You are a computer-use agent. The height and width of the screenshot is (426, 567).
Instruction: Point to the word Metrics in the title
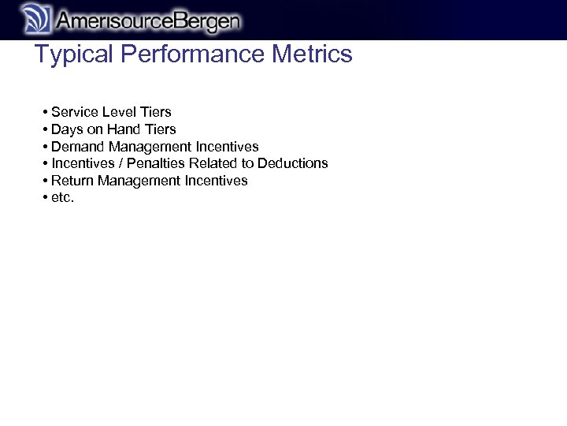(x=312, y=54)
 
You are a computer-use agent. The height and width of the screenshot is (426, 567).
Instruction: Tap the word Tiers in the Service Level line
(x=155, y=112)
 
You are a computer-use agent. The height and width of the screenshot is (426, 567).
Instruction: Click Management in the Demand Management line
(x=146, y=147)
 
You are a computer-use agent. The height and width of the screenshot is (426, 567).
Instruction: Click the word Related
(x=213, y=163)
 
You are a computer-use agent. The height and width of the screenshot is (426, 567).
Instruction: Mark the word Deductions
(x=292, y=163)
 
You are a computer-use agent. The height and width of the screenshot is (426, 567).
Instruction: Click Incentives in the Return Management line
(x=216, y=181)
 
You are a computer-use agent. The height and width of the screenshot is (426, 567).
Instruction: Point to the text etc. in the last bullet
(x=62, y=198)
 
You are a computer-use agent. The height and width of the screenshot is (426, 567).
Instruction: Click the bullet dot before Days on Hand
(x=46, y=129)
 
